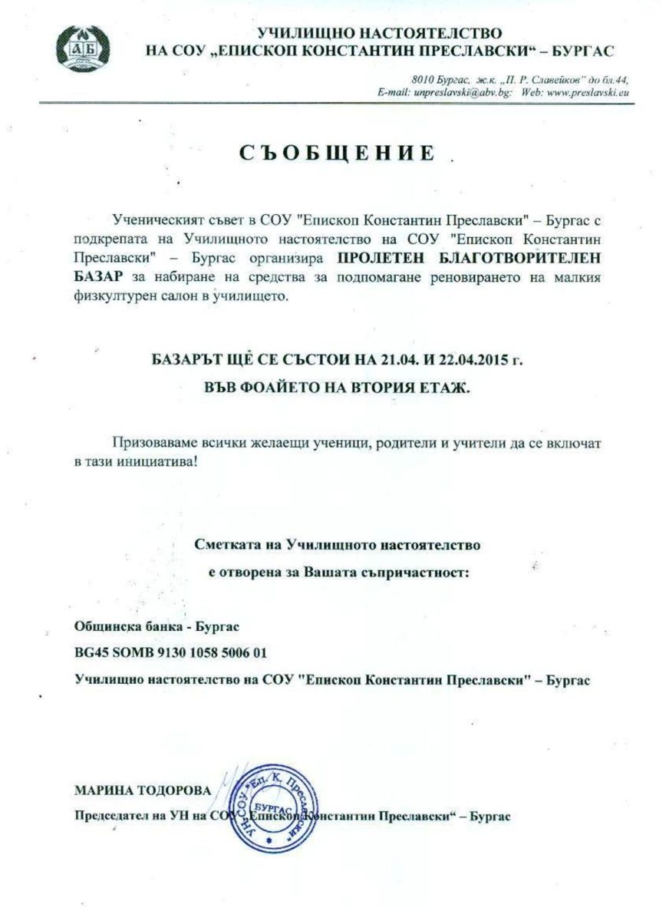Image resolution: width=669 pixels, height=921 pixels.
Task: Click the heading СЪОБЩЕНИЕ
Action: (x=337, y=152)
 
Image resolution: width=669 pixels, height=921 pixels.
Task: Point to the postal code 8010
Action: (x=423, y=80)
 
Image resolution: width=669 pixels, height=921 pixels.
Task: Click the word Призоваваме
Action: (x=152, y=443)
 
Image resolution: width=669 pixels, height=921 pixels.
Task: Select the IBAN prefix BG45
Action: (x=91, y=652)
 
